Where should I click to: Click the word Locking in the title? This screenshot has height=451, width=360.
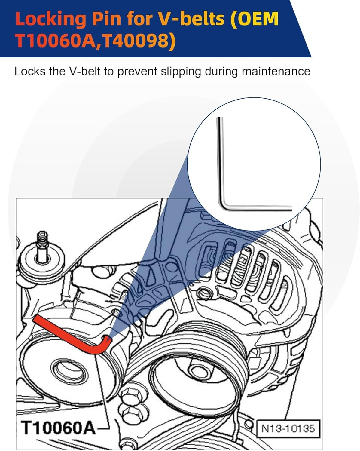(50, 19)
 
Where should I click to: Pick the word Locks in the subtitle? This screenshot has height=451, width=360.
(30, 72)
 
